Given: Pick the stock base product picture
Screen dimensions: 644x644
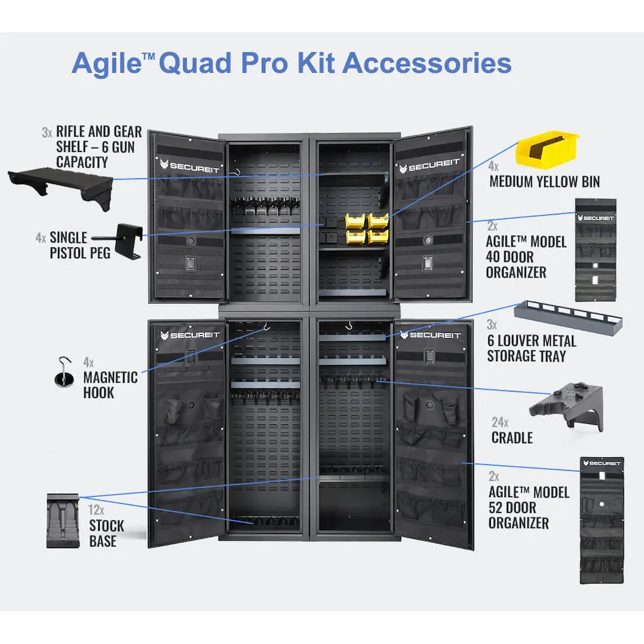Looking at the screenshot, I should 62,521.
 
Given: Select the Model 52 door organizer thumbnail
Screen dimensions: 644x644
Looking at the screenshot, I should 601,520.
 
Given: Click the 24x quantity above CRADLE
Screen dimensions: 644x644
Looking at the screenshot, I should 500,422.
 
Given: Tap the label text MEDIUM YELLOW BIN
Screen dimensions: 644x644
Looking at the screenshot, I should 544,182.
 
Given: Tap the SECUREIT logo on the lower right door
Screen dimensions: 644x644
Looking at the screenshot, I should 430,335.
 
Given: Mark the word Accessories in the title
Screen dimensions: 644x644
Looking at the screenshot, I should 427,63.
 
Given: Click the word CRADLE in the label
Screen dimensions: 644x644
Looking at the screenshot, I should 512,438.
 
